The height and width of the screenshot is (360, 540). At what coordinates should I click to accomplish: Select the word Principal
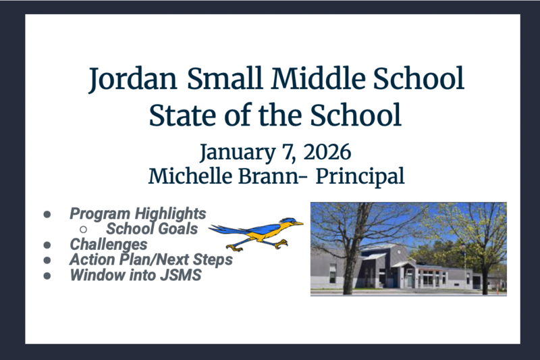click(x=360, y=176)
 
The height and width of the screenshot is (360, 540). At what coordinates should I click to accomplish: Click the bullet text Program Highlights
click(x=138, y=214)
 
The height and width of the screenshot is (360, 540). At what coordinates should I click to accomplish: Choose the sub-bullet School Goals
click(x=152, y=229)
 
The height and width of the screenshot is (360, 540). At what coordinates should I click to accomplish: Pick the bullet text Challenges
click(x=108, y=244)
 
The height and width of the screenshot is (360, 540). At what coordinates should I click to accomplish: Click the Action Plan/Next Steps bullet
click(x=151, y=259)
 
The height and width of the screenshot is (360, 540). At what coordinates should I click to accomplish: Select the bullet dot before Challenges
click(x=48, y=245)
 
